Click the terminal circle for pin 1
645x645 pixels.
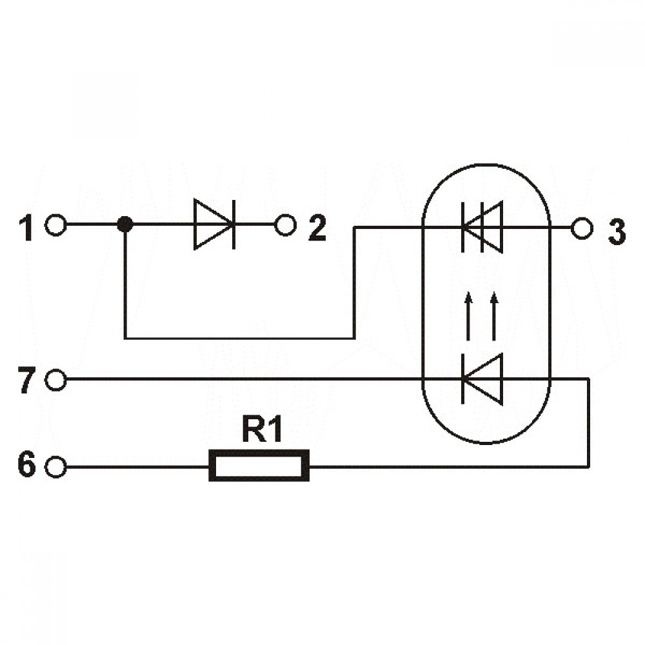55,225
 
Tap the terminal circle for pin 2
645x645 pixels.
286,225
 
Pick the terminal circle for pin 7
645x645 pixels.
55,380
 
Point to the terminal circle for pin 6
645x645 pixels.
55,467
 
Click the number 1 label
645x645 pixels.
26,228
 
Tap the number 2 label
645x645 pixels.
317,228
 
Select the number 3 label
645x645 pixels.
617,232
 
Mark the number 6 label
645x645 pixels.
26,465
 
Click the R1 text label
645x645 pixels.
262,429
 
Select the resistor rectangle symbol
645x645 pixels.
259,465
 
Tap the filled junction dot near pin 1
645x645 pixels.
125,224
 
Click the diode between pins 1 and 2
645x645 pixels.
214,224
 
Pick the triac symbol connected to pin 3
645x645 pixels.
482,226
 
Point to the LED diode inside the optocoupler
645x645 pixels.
482,379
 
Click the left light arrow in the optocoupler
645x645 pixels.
468,316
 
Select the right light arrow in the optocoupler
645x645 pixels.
494,316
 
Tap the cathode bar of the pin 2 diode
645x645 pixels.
233,224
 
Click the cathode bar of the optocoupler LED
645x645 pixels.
462,379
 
